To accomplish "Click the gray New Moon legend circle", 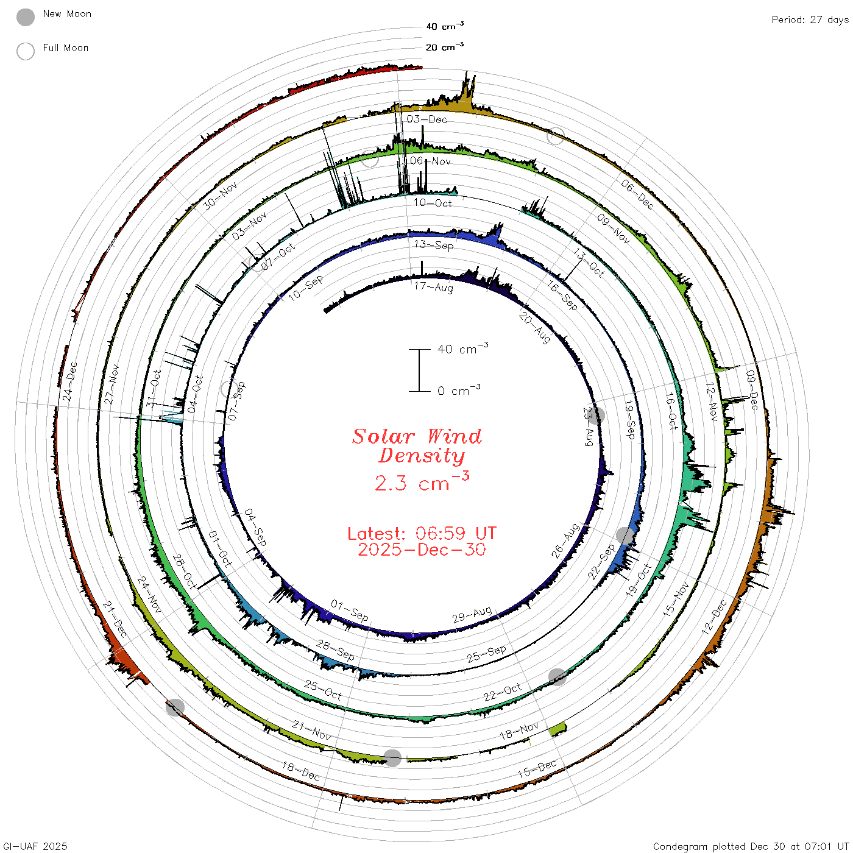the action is (x=25, y=17).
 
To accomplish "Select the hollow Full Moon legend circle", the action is (x=25, y=51).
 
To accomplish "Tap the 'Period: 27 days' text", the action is (x=810, y=20).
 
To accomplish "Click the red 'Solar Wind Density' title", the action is (x=417, y=446).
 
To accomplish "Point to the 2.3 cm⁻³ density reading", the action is (x=422, y=481).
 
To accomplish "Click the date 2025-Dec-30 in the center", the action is (x=422, y=550).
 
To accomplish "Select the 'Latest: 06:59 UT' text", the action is (x=422, y=533).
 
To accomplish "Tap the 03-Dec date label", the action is (x=426, y=119).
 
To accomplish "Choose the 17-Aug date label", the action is (x=433, y=287).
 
